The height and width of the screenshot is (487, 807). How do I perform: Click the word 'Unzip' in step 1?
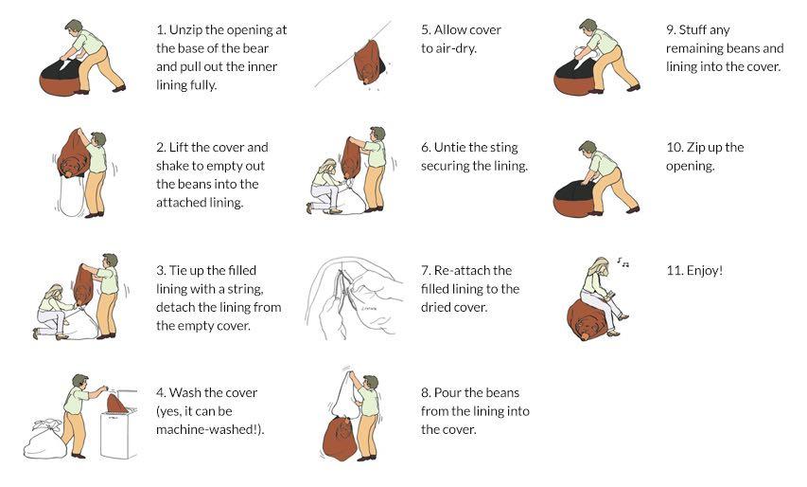(185, 30)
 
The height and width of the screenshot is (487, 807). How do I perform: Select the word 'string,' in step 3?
(244, 289)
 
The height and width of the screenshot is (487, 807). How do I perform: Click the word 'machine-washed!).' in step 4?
(210, 429)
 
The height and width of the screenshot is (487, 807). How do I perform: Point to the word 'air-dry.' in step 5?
(455, 48)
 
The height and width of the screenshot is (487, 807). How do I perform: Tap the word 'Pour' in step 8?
(447, 392)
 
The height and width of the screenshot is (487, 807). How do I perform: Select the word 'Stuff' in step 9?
(693, 30)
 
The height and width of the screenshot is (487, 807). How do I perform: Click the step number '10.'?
(675, 148)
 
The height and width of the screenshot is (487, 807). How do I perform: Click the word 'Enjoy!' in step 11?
(705, 271)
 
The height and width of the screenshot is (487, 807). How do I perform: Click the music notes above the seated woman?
(623, 262)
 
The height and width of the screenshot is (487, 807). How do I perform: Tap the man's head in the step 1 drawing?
(74, 27)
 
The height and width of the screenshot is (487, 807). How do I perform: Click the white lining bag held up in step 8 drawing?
(343, 393)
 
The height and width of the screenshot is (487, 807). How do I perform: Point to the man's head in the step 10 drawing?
(588, 149)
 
